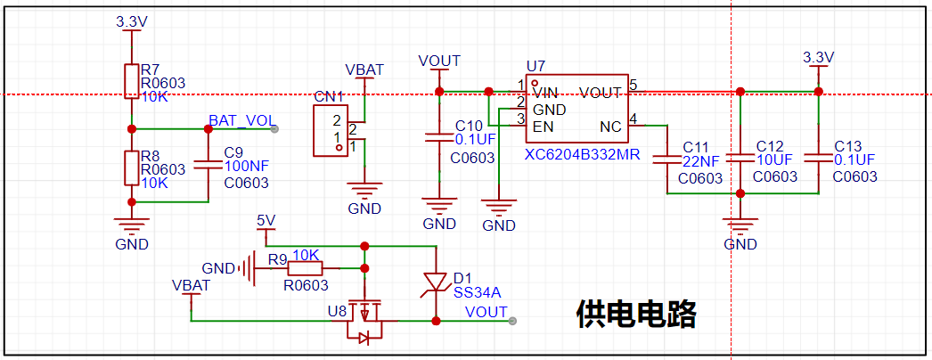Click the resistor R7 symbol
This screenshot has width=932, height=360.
[131, 81]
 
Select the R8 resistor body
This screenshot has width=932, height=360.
[131, 168]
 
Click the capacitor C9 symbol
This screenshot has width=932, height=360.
[208, 165]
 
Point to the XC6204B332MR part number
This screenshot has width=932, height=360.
[582, 156]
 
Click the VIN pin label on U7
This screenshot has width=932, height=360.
[545, 93]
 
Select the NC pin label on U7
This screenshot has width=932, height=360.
[610, 127]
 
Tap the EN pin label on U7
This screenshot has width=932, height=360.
[542, 127]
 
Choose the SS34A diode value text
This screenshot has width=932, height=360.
[478, 292]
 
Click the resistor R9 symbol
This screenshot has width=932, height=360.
[305, 269]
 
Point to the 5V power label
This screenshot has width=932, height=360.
[266, 220]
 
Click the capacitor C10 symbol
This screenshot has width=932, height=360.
[439, 139]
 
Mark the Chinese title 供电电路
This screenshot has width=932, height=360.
[636, 315]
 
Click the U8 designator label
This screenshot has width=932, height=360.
[337, 311]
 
